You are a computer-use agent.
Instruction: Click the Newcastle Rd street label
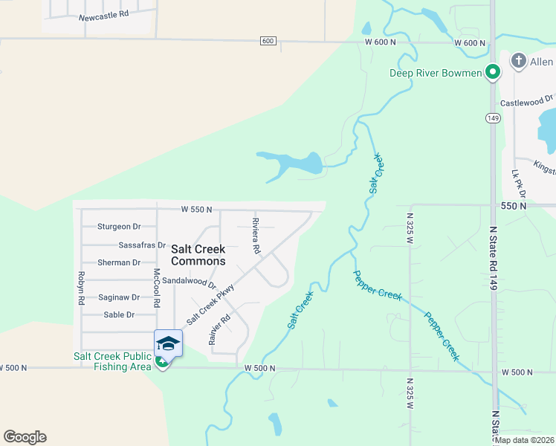click(103, 14)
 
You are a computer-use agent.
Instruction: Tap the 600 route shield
click(268, 41)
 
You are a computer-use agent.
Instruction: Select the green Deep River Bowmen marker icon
click(492, 72)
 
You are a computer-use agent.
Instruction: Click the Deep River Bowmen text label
click(436, 73)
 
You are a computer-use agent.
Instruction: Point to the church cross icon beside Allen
click(518, 62)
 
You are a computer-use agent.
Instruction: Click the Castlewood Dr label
click(527, 99)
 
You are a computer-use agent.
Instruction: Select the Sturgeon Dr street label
click(119, 227)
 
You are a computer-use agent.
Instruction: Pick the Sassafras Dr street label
click(141, 245)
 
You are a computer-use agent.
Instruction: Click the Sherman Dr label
click(119, 262)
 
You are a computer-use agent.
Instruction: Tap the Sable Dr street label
click(119, 314)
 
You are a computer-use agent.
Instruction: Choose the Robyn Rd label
click(81, 288)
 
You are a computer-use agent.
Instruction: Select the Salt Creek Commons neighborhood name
click(198, 256)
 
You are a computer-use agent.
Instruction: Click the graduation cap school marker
click(168, 344)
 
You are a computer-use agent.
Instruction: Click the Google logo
click(25, 437)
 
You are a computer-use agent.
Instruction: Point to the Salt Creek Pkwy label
click(210, 305)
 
